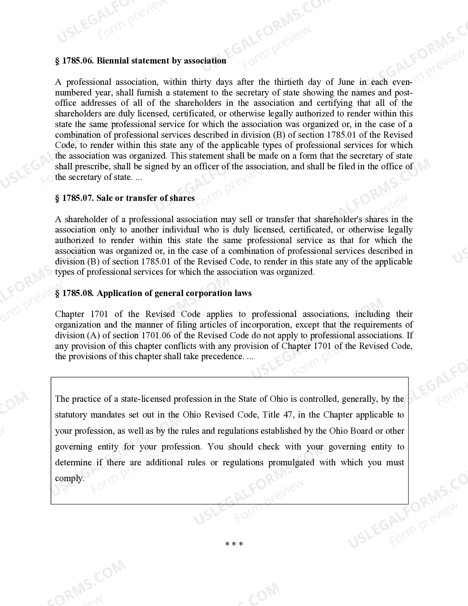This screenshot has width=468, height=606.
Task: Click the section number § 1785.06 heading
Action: click(x=75, y=61)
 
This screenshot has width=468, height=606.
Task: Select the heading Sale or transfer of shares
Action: click(x=146, y=198)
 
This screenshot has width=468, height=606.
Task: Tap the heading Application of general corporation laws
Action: click(x=174, y=293)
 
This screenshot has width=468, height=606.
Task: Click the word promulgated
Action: click(x=291, y=463)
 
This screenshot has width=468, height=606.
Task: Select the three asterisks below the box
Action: click(x=234, y=544)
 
